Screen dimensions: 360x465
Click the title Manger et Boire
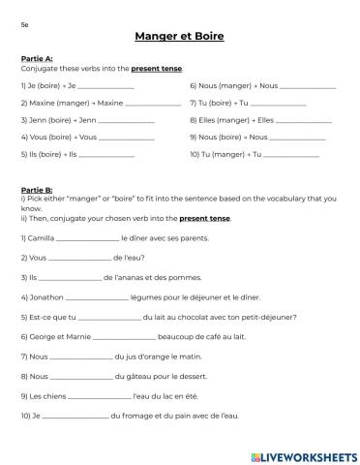(x=180, y=37)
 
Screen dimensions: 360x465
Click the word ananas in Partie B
(x=111, y=277)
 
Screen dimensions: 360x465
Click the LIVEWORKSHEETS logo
(x=301, y=455)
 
